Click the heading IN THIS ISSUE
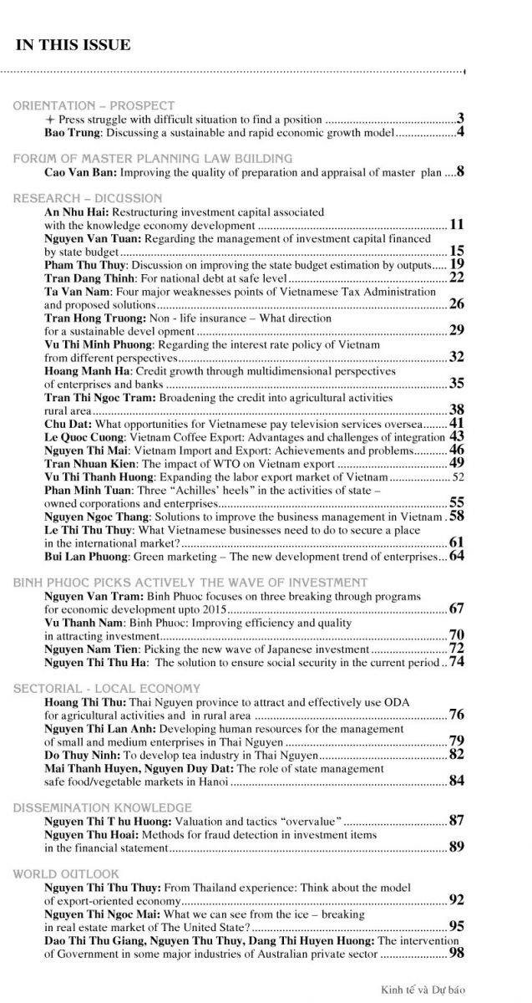[73, 45]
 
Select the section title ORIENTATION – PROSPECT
[94, 106]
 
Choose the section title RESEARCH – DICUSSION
[88, 198]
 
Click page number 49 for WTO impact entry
[456, 463]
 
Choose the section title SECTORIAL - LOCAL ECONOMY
[106, 689]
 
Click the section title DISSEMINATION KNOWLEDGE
[102, 807]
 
